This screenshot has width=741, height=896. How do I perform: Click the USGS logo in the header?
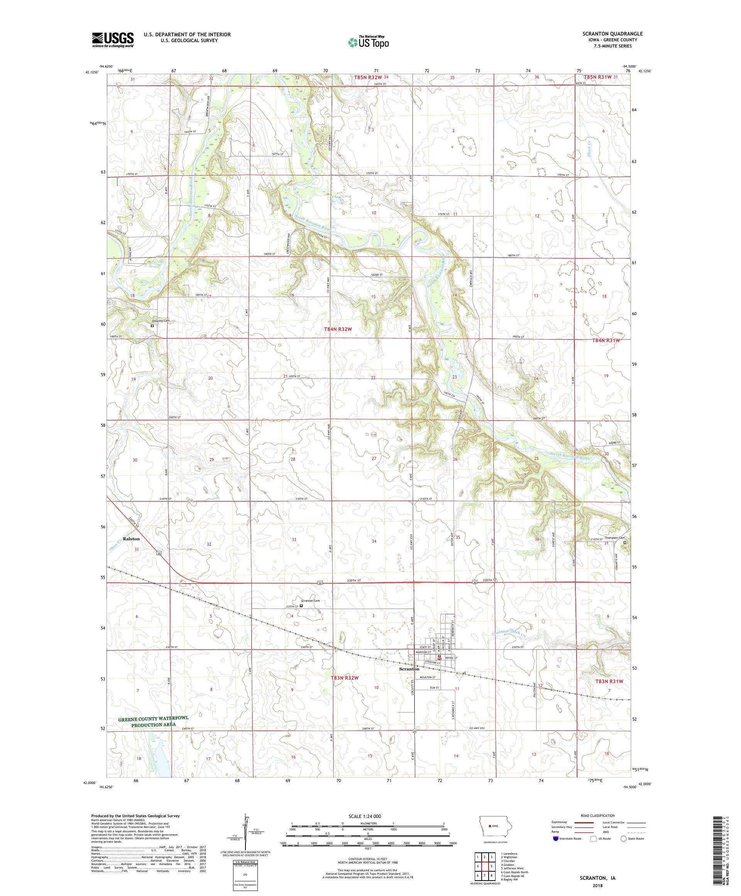[113, 40]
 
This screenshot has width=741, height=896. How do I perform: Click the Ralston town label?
[131, 539]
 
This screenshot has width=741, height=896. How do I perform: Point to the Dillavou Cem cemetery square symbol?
[152, 326]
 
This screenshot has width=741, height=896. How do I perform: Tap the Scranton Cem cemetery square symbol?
[301, 605]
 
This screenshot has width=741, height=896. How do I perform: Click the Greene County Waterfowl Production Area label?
[154, 721]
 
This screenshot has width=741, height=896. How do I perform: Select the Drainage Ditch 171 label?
[515, 631]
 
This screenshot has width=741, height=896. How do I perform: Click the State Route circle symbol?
[624, 838]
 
